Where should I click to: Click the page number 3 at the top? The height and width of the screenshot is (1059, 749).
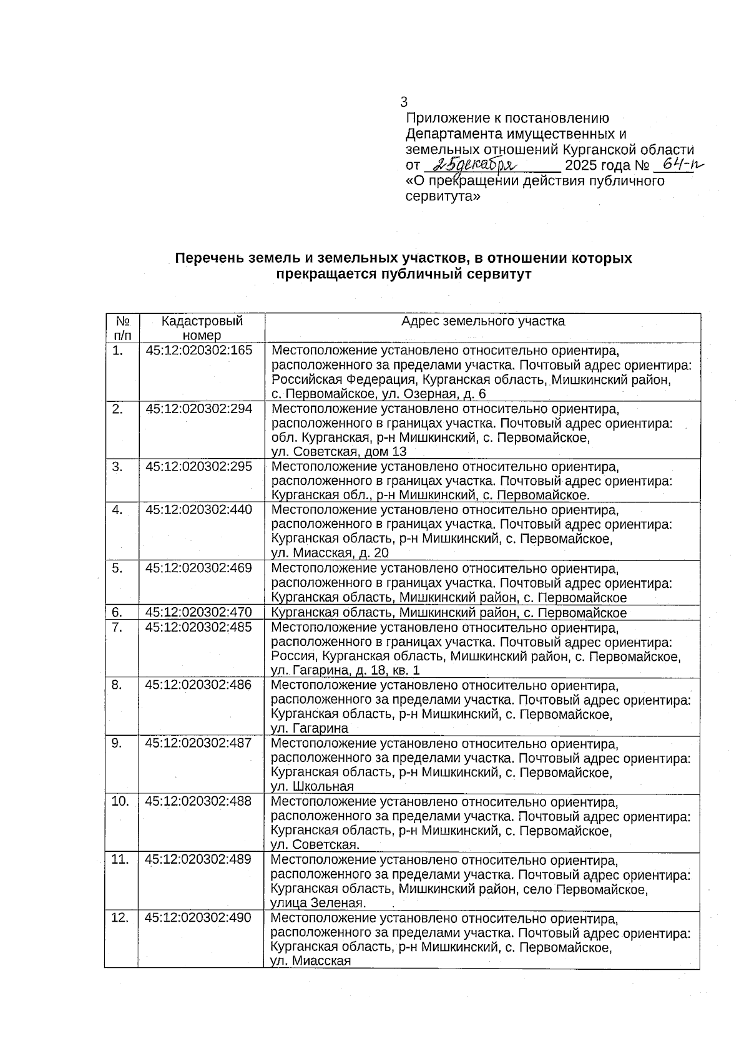coord(404,102)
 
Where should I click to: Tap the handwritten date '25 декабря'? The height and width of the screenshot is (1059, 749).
coord(476,164)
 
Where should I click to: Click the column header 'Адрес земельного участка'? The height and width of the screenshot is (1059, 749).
coord(482,321)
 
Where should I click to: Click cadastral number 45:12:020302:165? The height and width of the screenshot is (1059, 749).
coord(198,351)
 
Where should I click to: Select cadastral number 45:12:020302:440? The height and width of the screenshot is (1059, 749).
coord(198,510)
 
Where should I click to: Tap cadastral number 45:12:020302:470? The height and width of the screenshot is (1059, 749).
coord(198,613)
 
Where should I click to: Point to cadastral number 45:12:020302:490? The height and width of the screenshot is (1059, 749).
coord(198,918)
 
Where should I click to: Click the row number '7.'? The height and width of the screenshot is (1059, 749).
coord(117,627)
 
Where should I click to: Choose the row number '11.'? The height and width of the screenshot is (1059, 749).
coord(119,859)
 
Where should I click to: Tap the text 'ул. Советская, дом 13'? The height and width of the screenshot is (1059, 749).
coord(338,452)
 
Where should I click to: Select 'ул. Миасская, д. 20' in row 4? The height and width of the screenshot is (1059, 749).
coord(330,554)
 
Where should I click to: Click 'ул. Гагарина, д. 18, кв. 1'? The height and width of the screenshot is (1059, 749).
coord(345,670)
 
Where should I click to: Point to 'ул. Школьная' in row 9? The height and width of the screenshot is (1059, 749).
coord(312,786)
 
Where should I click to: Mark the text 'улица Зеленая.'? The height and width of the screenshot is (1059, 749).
coord(318,903)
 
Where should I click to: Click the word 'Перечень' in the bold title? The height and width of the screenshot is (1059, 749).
coord(206,258)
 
